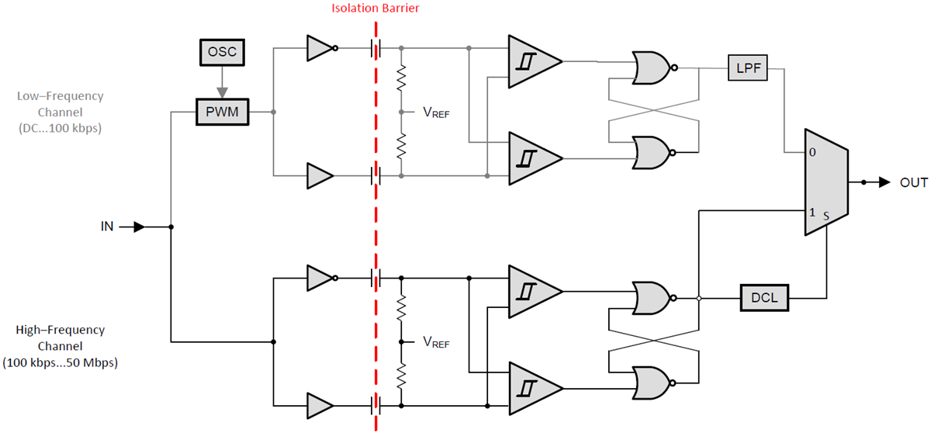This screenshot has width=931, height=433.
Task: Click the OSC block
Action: (x=221, y=52)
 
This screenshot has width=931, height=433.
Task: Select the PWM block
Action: (x=221, y=113)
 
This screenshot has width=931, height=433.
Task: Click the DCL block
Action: (x=764, y=298)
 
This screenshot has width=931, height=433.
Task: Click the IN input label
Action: (x=107, y=227)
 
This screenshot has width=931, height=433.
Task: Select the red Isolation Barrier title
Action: (x=375, y=9)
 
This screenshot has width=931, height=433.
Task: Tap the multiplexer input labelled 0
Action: (x=812, y=153)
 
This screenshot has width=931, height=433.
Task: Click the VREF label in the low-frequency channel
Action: (x=436, y=113)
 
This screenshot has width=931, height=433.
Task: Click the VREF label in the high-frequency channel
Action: (x=436, y=341)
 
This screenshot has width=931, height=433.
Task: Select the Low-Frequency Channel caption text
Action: (x=60, y=113)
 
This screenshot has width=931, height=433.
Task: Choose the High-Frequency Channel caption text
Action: (x=60, y=346)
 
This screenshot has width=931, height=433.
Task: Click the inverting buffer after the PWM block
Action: (x=320, y=48)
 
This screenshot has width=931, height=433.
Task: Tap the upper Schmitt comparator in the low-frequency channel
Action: (x=531, y=61)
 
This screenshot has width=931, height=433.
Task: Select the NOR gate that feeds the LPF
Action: (x=652, y=68)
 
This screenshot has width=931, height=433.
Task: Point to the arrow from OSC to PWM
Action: (x=221, y=81)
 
